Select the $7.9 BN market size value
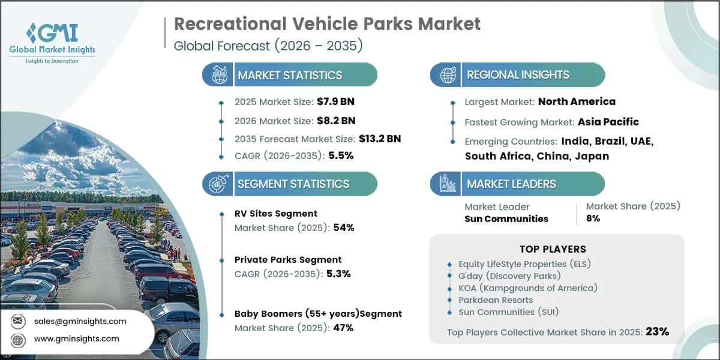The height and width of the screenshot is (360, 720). [335, 101]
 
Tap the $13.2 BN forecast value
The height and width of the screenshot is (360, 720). [380, 139]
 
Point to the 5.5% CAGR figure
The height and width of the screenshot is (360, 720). [341, 155]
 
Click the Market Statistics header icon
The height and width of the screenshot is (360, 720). [219, 74]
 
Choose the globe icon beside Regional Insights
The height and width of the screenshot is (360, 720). [448, 74]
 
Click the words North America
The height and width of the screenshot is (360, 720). [577, 101]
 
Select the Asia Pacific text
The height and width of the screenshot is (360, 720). [608, 122]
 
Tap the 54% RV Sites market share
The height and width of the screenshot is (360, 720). [344, 227]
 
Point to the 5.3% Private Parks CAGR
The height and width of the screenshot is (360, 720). [338, 274]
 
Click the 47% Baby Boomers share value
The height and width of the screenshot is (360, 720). [343, 328]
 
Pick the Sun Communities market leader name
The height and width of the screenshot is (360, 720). [506, 219]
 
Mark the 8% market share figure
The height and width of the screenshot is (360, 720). [593, 218]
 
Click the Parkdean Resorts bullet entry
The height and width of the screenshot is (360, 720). [496, 300]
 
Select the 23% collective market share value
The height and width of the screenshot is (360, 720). [658, 331]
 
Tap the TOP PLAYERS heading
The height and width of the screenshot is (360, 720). [553, 249]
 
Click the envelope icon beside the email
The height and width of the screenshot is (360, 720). [17, 321]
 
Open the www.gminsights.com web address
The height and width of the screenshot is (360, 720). [77, 339]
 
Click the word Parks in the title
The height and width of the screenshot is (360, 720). [388, 24]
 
